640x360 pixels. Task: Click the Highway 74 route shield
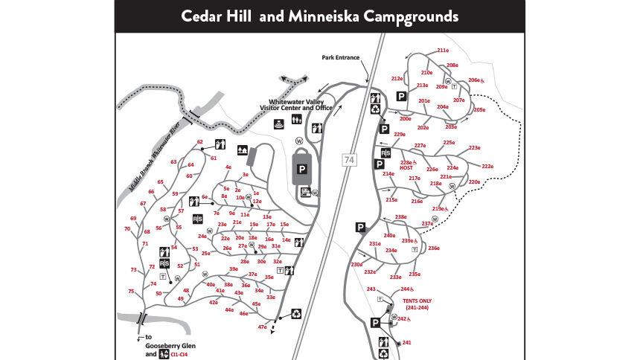pos(350,159)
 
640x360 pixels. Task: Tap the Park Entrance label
pos(341,57)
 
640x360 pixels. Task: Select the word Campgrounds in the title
pos(412,16)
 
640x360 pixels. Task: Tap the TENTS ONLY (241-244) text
pos(417,304)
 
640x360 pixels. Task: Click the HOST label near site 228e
pos(406,168)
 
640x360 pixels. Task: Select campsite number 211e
pos(443,51)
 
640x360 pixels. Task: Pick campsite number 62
pos(200,142)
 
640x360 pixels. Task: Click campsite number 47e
pos(262,327)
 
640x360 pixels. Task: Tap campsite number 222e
pos(487,167)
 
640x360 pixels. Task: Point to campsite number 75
pos(131,292)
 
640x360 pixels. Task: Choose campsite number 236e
pos(434,248)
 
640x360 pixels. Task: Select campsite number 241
pos(406,343)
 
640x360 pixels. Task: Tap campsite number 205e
pos(479,110)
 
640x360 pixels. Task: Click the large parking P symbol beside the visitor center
pos(302,169)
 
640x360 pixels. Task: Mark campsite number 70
pos(127,229)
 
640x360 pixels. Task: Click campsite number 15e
pos(284,224)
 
